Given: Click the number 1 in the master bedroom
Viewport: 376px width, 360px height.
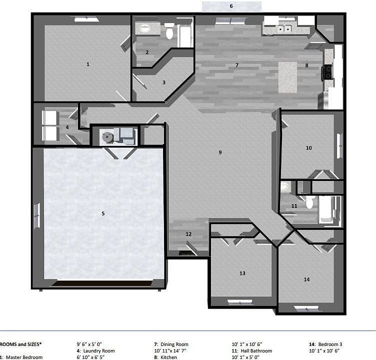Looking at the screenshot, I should (88, 64).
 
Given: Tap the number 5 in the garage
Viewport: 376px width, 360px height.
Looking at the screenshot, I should (103, 213).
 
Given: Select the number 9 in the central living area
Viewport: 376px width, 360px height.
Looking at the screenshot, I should (220, 152).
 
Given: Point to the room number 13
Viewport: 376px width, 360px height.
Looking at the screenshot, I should (242, 273).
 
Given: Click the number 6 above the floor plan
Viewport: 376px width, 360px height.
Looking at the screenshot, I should (231, 6).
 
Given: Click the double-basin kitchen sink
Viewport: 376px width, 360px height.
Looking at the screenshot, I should (284, 29).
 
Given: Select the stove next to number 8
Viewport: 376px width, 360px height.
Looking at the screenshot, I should (328, 72).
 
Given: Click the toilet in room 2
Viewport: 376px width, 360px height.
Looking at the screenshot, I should (169, 31).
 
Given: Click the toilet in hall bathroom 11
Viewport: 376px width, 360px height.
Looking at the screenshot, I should (309, 202).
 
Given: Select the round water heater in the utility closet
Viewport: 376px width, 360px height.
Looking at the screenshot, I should (106, 136).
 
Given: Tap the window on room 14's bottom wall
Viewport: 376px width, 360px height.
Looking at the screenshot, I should (305, 307).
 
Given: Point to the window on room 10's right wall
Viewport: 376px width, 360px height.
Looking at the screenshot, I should (340, 145).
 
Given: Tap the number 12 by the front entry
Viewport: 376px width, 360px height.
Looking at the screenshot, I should (188, 234).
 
